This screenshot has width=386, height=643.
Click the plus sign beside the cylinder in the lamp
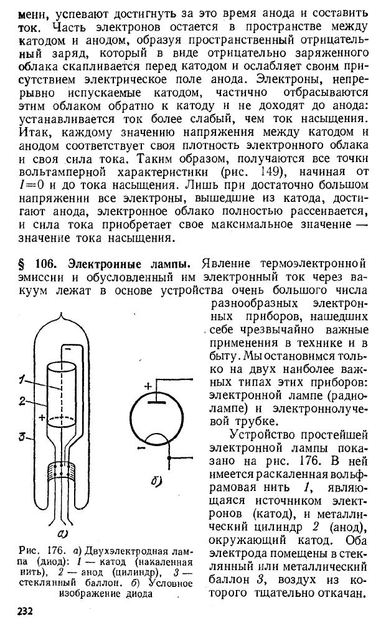coord(42,418)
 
